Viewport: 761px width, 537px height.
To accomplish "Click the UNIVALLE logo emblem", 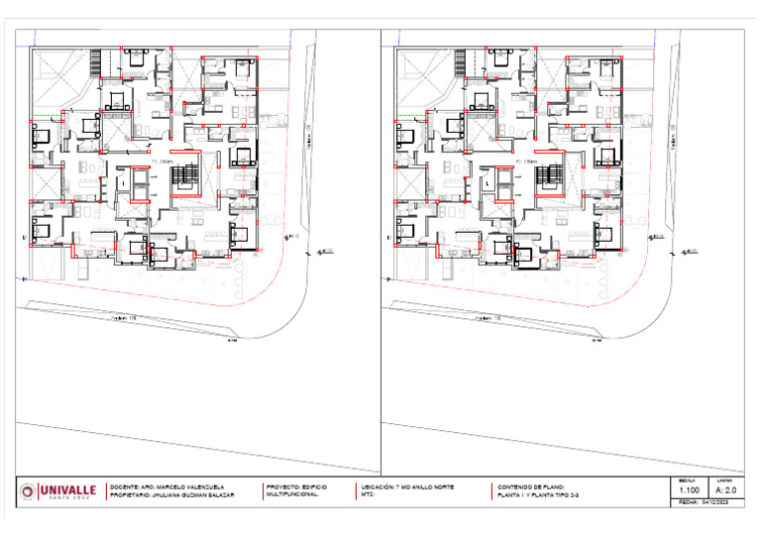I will coord(27,491).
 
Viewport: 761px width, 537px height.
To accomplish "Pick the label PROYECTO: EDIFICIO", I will coord(297,486).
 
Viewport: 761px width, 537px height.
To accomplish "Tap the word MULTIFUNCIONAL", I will coord(293,493).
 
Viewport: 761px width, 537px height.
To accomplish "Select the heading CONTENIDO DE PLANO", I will coord(531,486).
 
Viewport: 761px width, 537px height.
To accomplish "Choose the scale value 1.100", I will coord(690,490).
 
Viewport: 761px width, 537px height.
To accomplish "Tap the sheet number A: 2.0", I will coord(726,490).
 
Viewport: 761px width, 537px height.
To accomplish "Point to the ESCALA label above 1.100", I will coord(687,481).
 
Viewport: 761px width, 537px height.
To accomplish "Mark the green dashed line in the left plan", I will coord(45,119).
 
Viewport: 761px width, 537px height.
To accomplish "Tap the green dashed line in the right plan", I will coord(408,119).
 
